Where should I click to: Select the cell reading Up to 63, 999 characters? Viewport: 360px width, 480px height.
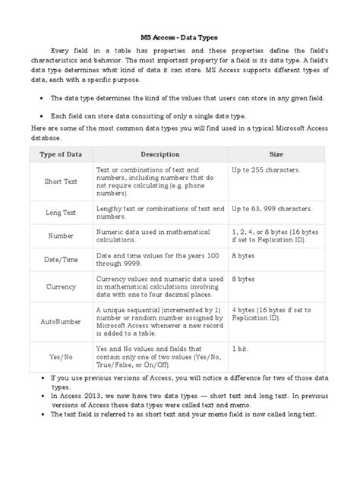pyautogui.click(x=270, y=207)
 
